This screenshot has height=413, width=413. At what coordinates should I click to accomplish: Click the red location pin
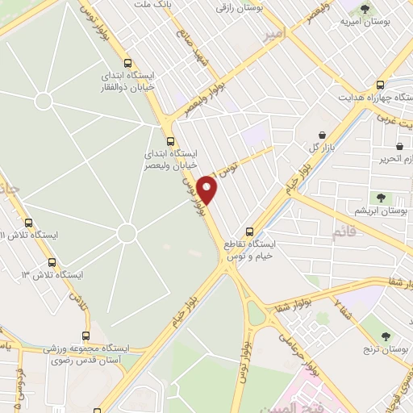tap(208, 190)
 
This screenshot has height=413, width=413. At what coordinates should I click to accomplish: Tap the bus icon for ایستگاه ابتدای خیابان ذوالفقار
tap(127, 64)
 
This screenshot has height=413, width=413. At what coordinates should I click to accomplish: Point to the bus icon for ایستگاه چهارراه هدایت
tap(380, 83)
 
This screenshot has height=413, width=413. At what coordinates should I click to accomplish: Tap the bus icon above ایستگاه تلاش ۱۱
tap(29, 223)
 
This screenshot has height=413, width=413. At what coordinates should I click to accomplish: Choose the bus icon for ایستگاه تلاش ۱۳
tap(52, 262)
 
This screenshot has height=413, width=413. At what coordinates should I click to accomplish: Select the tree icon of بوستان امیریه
tap(365, 10)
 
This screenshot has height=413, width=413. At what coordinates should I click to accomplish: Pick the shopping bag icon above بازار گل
tap(323, 135)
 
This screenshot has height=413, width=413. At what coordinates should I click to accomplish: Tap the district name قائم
tap(343, 234)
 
